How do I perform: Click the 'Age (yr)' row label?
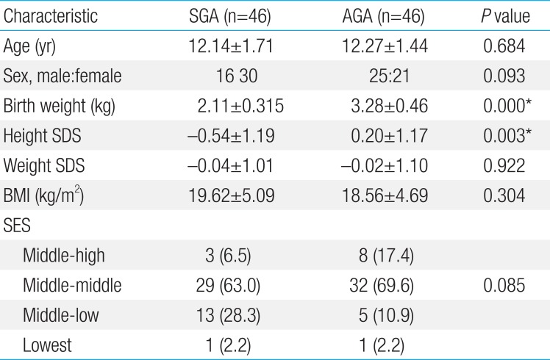(30, 46)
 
